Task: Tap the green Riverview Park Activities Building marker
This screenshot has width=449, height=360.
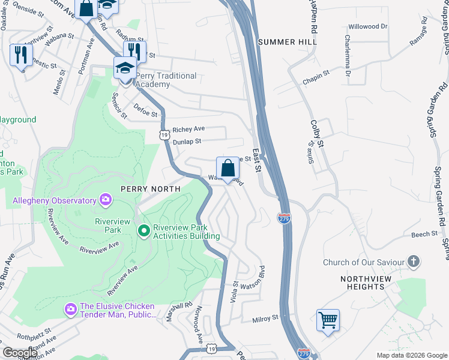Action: click(x=143, y=230)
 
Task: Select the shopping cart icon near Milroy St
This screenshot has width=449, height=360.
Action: click(x=328, y=320)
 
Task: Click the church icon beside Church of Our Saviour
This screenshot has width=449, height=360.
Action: click(x=413, y=262)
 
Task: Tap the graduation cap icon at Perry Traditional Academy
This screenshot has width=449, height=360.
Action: click(x=125, y=68)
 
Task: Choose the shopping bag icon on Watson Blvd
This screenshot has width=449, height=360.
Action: click(x=228, y=168)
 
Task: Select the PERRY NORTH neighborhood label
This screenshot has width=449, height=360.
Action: click(x=150, y=188)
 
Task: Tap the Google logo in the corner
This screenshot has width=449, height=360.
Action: click(x=20, y=353)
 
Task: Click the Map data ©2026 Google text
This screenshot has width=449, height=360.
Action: click(x=411, y=355)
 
